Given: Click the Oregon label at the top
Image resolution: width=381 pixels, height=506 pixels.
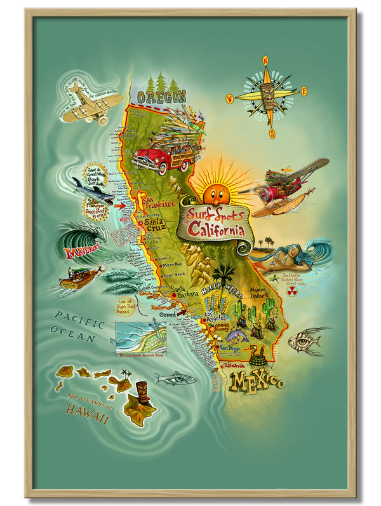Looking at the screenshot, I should coord(161,97).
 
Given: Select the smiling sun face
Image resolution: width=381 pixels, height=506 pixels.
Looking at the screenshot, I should coord(216,189).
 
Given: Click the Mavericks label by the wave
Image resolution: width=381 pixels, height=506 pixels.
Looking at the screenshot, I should coord(82,253).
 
